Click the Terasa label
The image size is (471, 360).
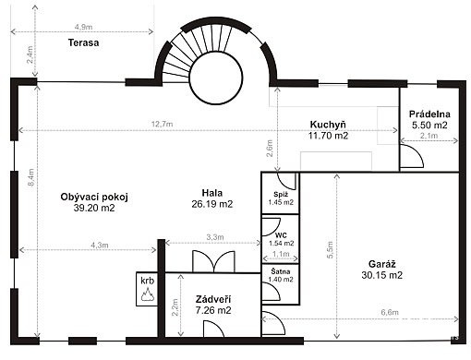tap(83, 42)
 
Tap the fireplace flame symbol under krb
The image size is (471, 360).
tap(147, 294)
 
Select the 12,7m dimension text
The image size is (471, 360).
tap(162, 124)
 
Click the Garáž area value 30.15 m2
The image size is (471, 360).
tap(381, 275)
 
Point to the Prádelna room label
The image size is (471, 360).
tap(429, 114)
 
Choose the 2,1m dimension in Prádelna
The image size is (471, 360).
tap(429, 136)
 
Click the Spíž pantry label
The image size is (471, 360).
tap(281, 195)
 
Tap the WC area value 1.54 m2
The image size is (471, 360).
tap(282, 243)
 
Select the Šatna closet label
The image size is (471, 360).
tap(281, 271)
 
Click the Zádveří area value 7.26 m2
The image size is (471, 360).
tap(213, 310)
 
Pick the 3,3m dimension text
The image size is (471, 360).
tap(215, 237)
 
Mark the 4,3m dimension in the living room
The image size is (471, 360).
tap(100, 246)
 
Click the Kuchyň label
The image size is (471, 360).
tap(328, 125)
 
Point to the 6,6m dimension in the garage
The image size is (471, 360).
tap(390, 312)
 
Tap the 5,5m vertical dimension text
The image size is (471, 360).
tap(330, 250)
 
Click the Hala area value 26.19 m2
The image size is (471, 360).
tap(212, 204)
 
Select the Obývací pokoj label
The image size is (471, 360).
tap(94, 197)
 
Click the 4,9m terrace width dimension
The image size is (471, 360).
tap(83, 27)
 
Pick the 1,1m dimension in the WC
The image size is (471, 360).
tap(281, 254)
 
